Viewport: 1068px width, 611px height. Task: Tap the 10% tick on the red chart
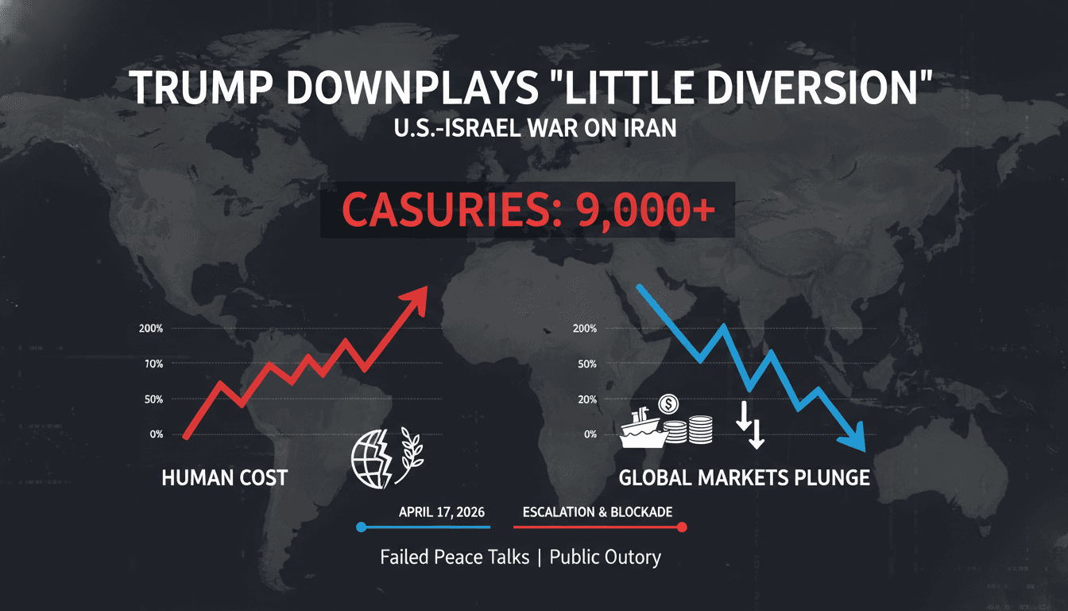coord(152,364)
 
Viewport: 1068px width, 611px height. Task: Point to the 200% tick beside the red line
coord(150,329)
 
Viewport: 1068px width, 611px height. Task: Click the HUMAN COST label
coord(224,477)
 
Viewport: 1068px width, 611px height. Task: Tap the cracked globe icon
coord(370,460)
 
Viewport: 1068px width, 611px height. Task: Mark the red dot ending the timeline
coord(683,527)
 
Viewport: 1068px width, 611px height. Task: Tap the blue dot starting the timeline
coord(362,527)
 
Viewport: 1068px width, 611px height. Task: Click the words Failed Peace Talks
coord(455,557)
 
